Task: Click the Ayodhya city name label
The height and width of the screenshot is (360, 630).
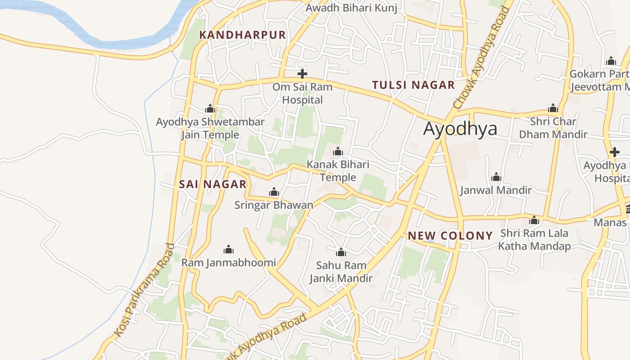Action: coord(460,129)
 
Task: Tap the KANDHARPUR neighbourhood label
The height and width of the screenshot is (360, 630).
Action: coord(243,35)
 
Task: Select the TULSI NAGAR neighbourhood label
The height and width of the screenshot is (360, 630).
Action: coord(414,85)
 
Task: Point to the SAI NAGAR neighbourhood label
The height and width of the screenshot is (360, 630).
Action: coord(213,184)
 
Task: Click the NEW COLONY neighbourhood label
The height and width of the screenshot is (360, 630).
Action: coord(450,236)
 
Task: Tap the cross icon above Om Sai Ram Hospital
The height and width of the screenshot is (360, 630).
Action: coord(302,73)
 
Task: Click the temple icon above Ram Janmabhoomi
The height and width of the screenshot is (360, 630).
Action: coord(229,249)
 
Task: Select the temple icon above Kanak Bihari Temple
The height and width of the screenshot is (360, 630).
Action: coord(337,151)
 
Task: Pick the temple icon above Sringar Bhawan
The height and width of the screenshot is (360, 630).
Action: coord(274,193)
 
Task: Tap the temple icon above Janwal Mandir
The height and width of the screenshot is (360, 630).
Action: coord(496,177)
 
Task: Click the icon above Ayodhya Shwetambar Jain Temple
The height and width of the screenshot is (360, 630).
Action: coord(210,108)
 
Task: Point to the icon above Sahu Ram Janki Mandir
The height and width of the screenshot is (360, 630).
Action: coord(341,252)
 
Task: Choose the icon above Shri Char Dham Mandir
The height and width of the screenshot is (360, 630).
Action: coord(553,108)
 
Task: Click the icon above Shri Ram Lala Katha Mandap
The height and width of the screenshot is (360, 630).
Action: coord(534,220)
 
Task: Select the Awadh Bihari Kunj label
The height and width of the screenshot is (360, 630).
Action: coord(351,8)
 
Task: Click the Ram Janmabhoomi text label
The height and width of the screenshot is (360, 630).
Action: coord(229,263)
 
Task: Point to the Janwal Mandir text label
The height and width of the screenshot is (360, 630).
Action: coord(495,190)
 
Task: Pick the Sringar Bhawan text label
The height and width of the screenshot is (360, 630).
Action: coord(274,206)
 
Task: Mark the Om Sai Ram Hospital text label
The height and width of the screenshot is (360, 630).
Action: coord(302,93)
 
